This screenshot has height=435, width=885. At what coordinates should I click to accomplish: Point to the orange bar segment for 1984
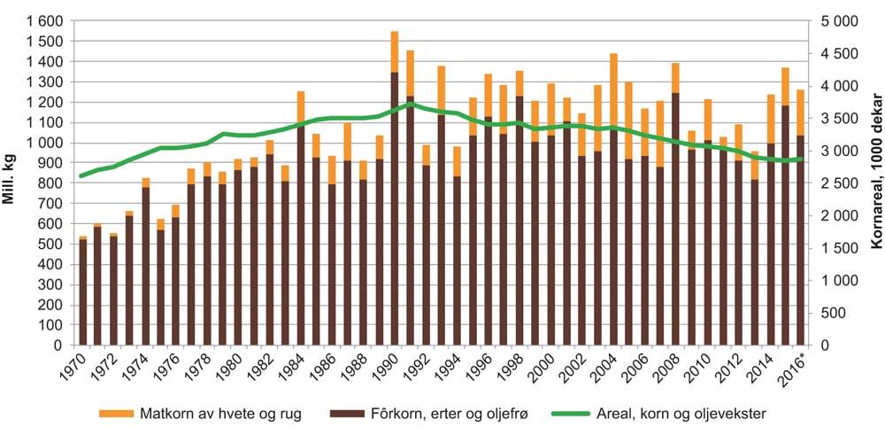pyautogui.click(x=300, y=109)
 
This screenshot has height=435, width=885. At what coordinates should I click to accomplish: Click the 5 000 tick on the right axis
pyautogui.click(x=837, y=20)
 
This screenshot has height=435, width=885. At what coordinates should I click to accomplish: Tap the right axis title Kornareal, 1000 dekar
pyautogui.click(x=873, y=183)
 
